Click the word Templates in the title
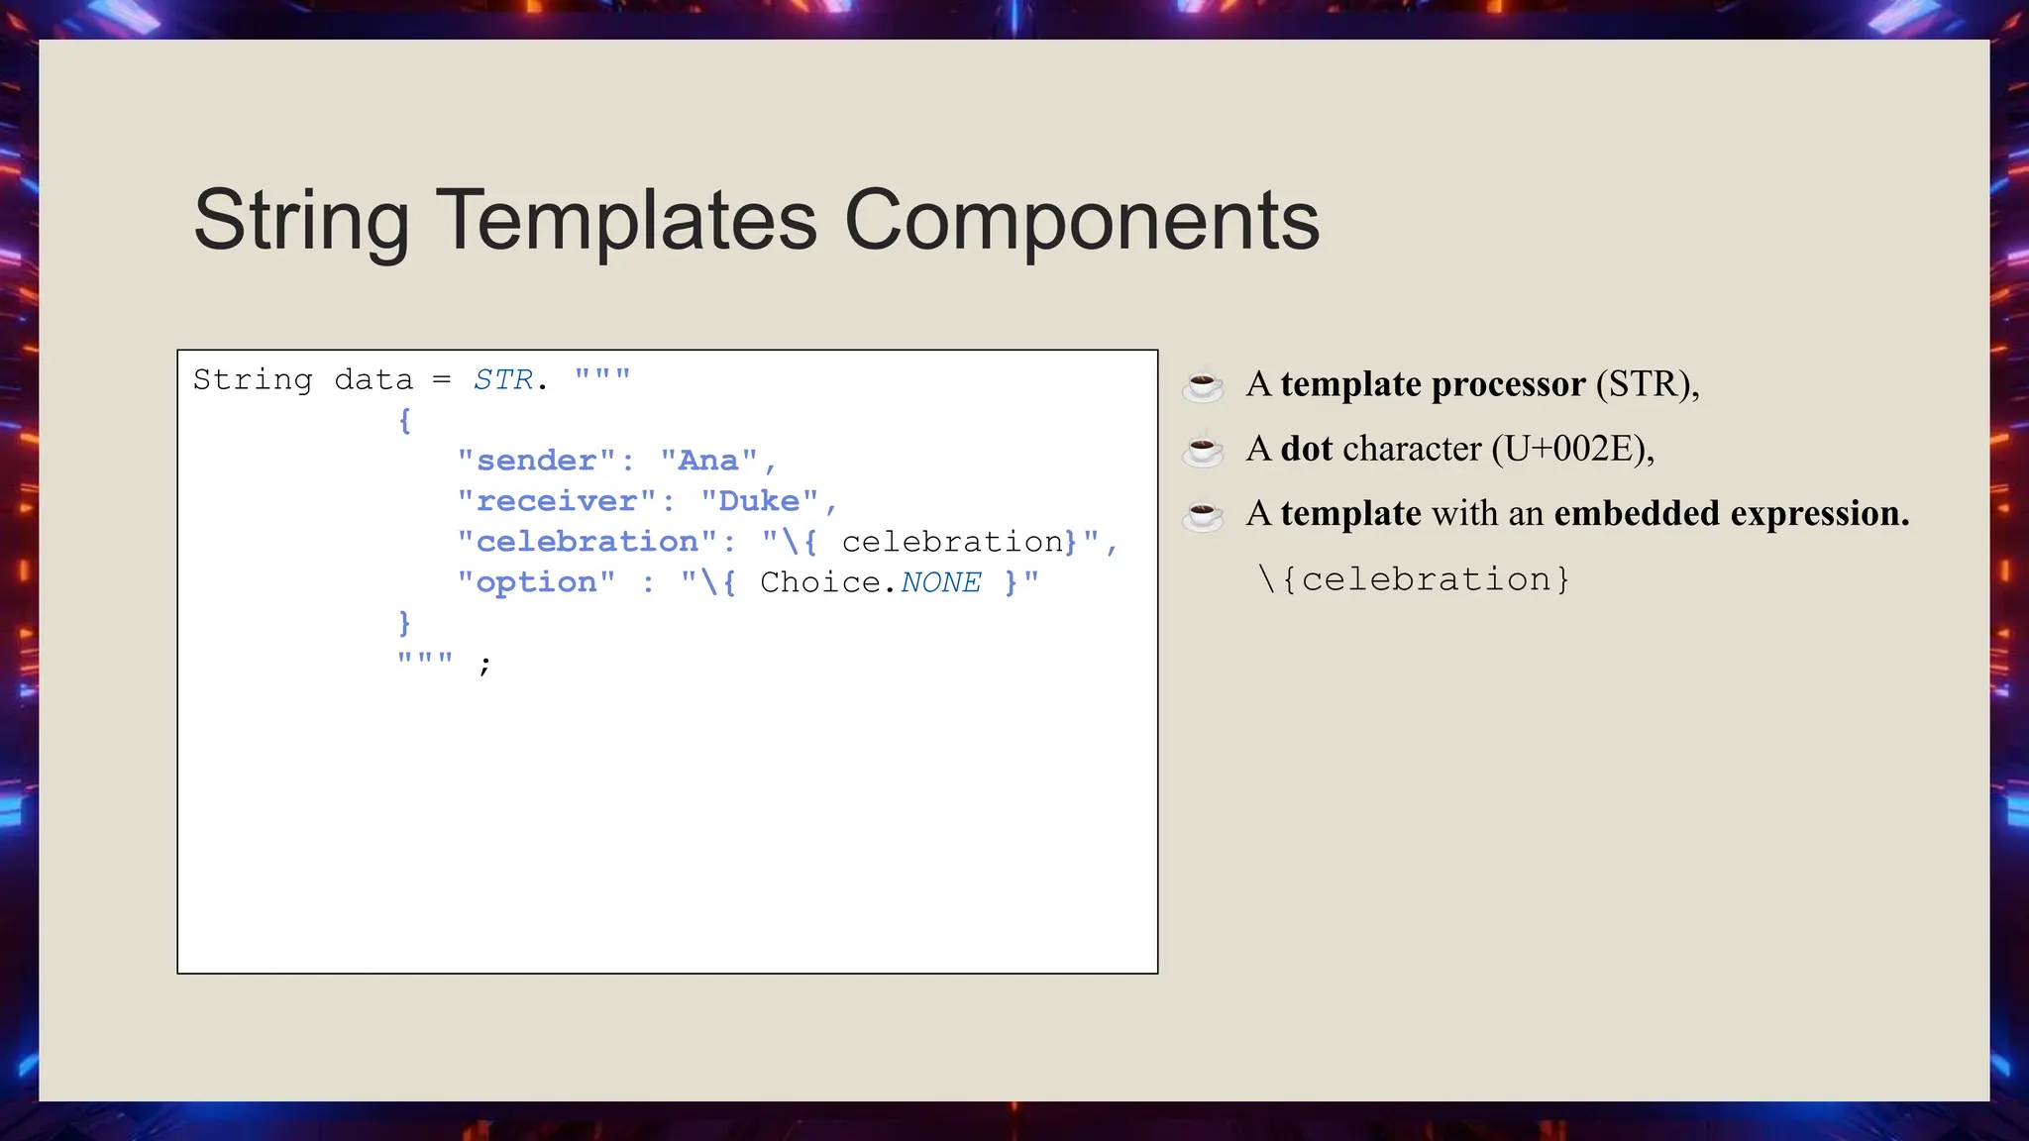(x=626, y=220)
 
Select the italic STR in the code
(x=503, y=379)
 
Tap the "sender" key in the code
(x=536, y=461)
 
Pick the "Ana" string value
(x=708, y=461)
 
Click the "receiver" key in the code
(x=557, y=501)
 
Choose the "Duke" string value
(x=759, y=501)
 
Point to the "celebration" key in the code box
(x=587, y=542)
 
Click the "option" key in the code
(x=536, y=582)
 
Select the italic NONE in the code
(x=941, y=582)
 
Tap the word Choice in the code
(x=819, y=582)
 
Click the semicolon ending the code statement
(x=484, y=664)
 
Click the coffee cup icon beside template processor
(x=1203, y=385)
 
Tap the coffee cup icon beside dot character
(x=1203, y=450)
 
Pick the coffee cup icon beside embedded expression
(x=1203, y=515)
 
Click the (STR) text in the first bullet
(x=1647, y=384)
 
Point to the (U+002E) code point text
(x=1571, y=449)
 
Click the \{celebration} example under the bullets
(x=1414, y=579)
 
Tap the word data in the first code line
(x=374, y=379)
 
